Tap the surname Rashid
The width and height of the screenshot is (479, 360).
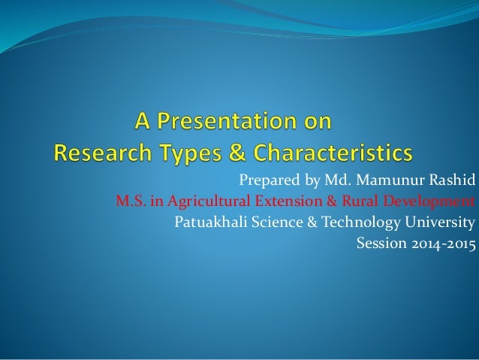point(451,181)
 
